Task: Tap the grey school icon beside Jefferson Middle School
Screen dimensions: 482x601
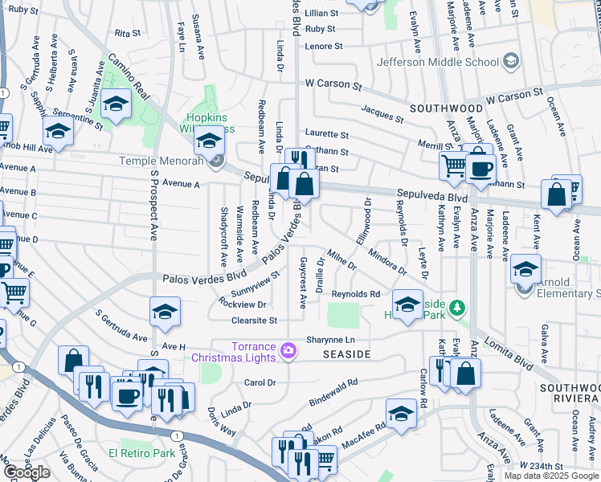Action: tap(509, 61)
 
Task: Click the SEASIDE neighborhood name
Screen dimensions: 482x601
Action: tap(346, 354)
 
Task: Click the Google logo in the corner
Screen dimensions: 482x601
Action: tap(27, 472)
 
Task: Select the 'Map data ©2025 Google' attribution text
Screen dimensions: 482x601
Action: tap(550, 476)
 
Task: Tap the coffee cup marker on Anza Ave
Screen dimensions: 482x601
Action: tap(481, 168)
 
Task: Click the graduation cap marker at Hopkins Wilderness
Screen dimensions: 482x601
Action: tap(209, 141)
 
